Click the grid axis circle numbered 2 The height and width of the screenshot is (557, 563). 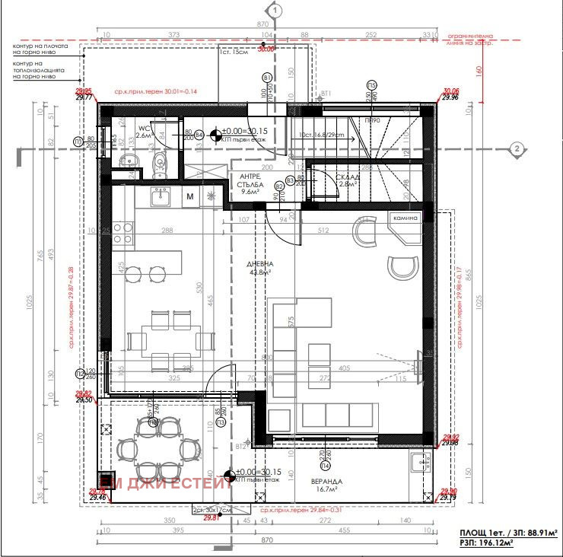[516, 148]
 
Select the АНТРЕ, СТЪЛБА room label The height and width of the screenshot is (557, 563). [250, 183]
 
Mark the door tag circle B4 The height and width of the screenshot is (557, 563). [199, 135]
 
